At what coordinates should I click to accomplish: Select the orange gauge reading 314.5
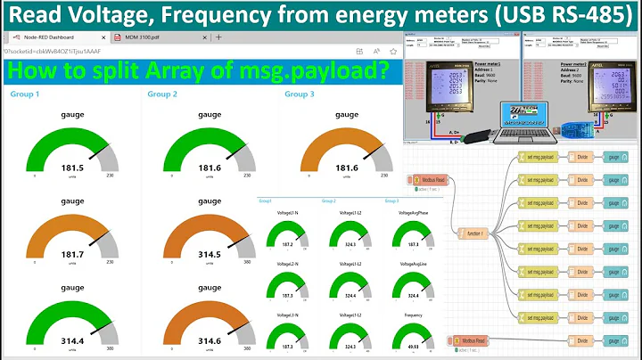click(210, 255)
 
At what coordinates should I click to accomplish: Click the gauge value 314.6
click(210, 340)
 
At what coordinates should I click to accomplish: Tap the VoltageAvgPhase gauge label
click(413, 213)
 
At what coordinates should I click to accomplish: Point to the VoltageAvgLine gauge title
click(413, 264)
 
